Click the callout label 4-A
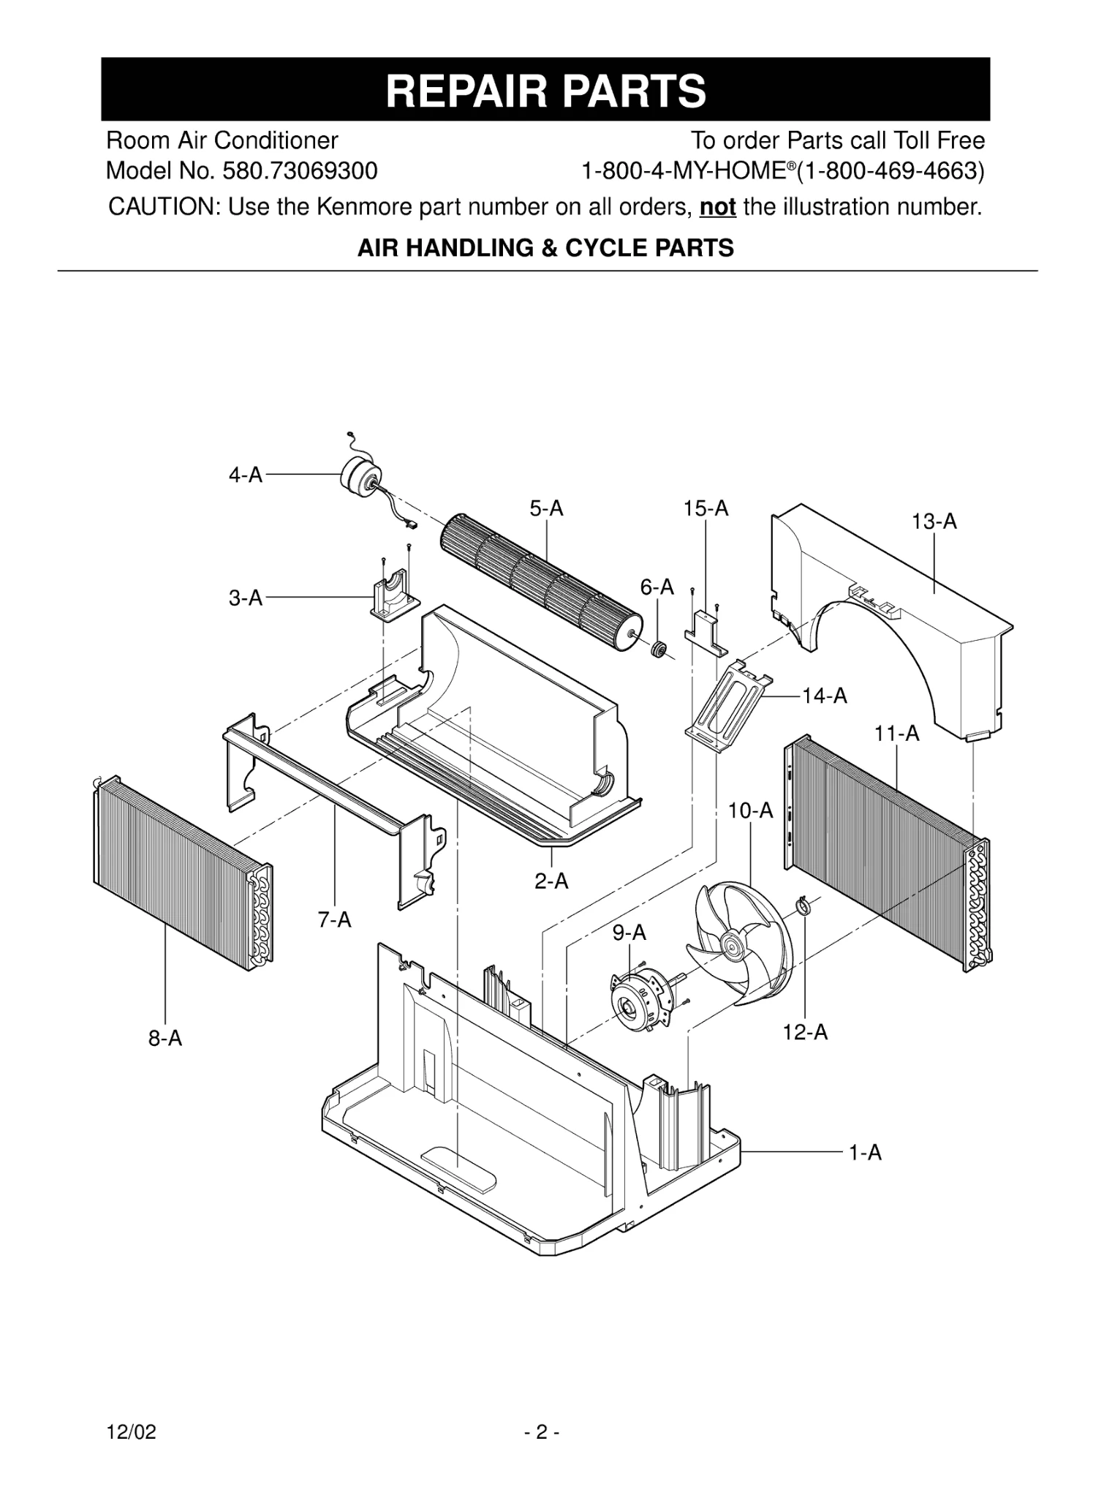click(x=245, y=475)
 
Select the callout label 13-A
click(x=934, y=522)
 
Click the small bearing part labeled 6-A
click(x=659, y=648)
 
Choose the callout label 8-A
click(x=165, y=1038)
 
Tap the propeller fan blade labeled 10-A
click(x=738, y=944)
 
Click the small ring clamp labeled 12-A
click(x=803, y=907)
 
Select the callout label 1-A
click(x=865, y=1153)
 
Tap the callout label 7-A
click(x=334, y=919)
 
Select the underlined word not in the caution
click(x=717, y=207)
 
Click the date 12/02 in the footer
click(x=132, y=1432)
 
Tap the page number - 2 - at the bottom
click(x=542, y=1432)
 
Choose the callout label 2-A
click(x=551, y=881)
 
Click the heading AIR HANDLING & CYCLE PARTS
click(x=545, y=249)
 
